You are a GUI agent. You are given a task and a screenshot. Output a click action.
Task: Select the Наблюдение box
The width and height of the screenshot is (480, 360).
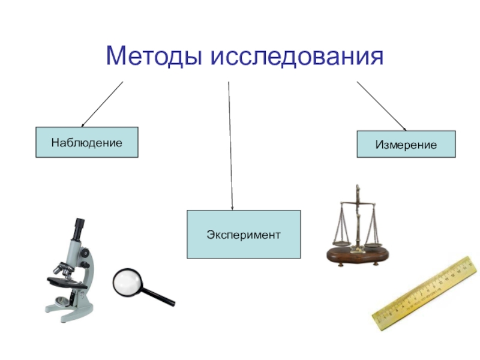tap(86, 142)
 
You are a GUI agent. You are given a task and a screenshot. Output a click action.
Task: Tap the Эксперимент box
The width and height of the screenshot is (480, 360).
tap(243, 234)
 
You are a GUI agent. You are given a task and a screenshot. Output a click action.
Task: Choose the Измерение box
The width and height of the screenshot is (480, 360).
tap(406, 144)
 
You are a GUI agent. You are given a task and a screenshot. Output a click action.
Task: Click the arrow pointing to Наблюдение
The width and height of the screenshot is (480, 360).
tap(102, 103)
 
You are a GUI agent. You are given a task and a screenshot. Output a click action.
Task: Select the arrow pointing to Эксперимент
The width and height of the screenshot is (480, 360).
tap(230, 144)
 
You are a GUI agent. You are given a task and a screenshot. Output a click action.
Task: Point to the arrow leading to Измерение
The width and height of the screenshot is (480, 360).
tap(381, 105)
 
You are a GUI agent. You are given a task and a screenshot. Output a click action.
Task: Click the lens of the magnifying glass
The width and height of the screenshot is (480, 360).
tap(127, 281)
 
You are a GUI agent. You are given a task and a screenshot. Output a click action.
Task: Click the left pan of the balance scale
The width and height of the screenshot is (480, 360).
tap(340, 243)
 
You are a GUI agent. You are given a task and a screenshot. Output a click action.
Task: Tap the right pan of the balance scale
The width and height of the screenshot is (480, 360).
tap(373, 245)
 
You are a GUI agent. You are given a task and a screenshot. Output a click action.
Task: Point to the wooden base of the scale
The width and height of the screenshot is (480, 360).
tap(356, 256)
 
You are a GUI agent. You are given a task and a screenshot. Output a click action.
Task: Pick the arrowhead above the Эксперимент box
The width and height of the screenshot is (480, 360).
tap(232, 206)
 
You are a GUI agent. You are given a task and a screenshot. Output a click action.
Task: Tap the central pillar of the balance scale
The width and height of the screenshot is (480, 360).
tap(358, 219)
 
